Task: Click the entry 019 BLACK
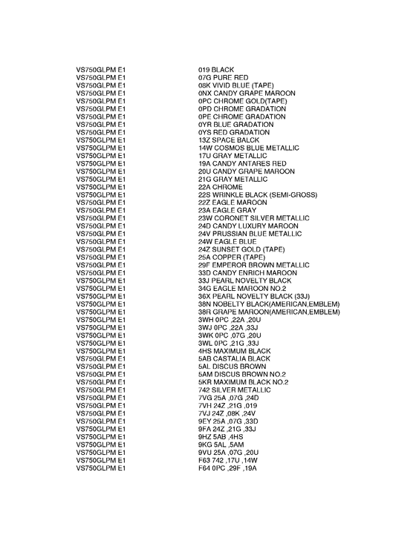(215, 70)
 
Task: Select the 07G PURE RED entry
(223, 77)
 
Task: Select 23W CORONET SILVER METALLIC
(253, 218)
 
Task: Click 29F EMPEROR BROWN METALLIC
(253, 265)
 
